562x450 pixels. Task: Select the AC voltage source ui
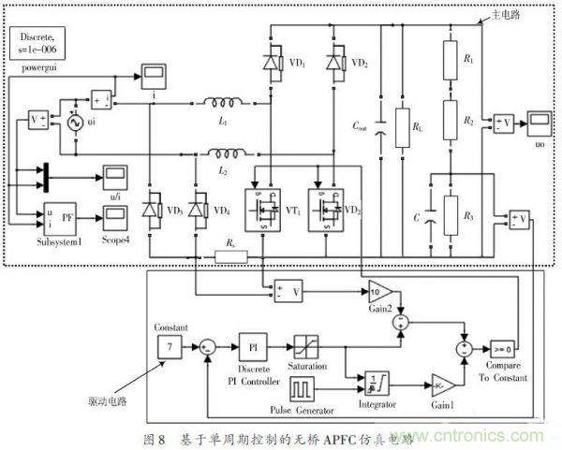coord(67,123)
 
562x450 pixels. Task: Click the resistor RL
coord(404,124)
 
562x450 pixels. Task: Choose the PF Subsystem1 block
coord(61,218)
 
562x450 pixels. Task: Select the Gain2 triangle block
coord(379,290)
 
